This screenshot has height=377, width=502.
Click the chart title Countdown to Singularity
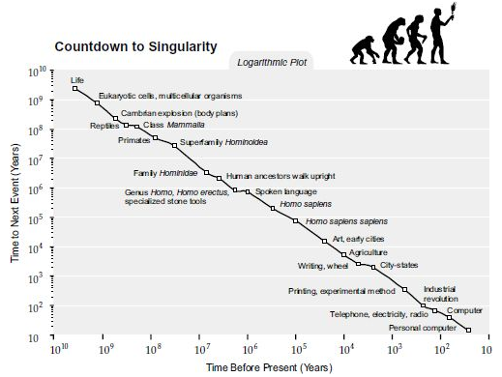135,46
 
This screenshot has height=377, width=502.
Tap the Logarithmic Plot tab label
272,62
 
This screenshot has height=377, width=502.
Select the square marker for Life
75,88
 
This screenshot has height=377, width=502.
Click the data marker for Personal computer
468,330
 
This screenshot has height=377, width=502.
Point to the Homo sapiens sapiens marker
295,220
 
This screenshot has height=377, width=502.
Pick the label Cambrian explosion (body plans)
180,113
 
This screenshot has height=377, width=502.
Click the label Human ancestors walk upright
281,176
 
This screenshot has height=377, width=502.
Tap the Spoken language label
286,191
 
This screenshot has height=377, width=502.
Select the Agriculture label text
369,252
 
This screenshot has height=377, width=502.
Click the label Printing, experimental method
341,291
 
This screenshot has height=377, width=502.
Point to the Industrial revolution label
440,294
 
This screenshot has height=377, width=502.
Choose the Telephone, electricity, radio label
379,314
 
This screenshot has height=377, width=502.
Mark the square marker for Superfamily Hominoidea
174,145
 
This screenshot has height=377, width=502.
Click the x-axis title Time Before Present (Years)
269,367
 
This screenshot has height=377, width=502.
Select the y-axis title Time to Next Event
15,203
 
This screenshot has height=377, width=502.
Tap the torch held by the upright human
452,11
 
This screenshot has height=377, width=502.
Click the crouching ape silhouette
365,49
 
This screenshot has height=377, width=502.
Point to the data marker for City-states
373,267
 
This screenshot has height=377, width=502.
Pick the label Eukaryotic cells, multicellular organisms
170,96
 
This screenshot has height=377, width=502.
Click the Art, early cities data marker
324,241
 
